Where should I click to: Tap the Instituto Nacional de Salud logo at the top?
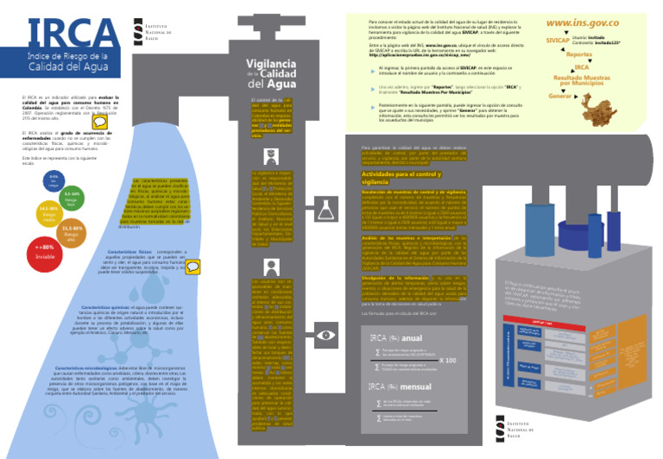[152, 30]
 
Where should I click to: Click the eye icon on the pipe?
[326, 335]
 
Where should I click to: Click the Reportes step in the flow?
[579, 53]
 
